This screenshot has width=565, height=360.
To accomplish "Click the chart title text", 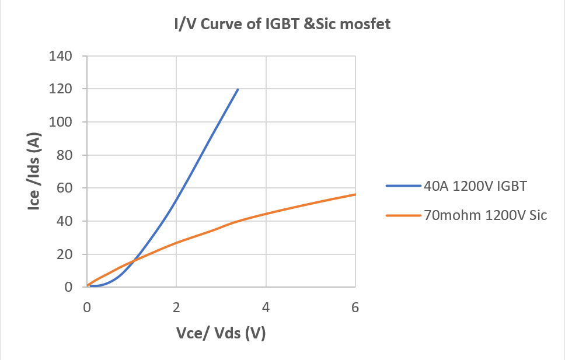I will [282, 25].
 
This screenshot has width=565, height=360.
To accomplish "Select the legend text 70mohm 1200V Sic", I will [486, 215].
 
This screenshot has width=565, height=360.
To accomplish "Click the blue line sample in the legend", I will [403, 187].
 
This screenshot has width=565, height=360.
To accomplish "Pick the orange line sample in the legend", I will [403, 215].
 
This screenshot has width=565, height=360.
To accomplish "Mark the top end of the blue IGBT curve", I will [238, 89].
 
